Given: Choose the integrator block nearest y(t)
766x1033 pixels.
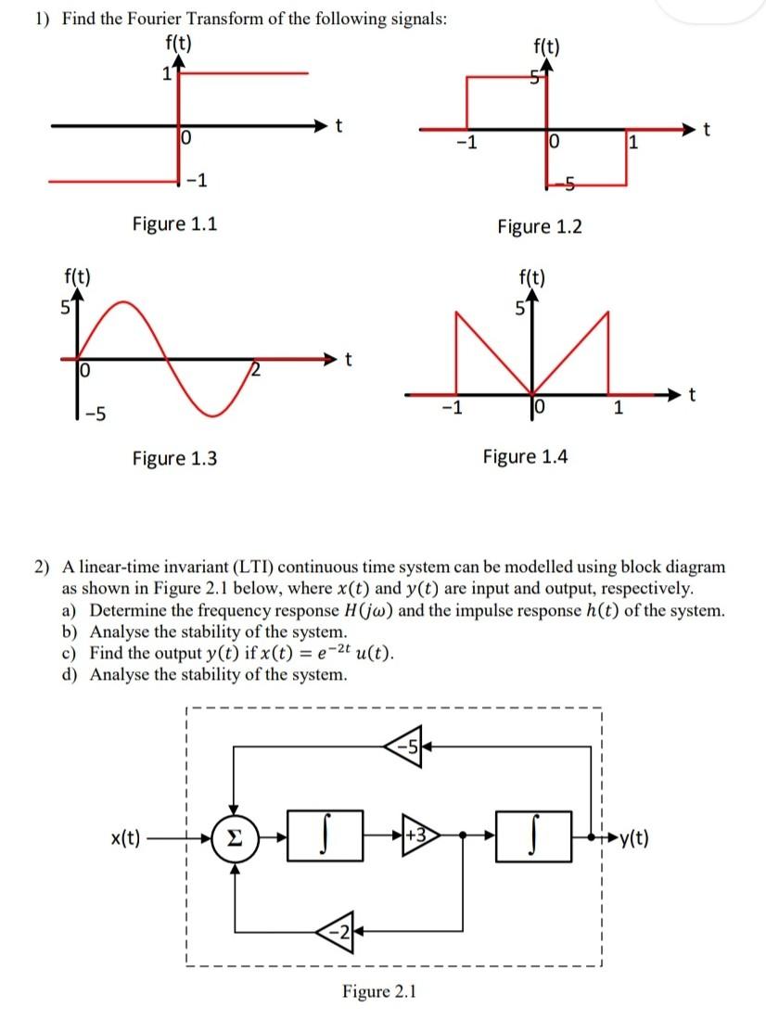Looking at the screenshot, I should [x=531, y=843].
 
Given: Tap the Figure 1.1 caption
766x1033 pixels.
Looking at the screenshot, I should [x=175, y=223].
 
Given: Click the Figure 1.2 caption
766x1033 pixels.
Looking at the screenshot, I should [x=541, y=226].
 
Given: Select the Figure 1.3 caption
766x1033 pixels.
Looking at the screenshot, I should [x=175, y=457].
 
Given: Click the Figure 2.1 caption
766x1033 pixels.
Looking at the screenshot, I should [x=380, y=992].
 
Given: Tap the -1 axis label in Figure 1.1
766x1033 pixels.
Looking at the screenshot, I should [x=198, y=179].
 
